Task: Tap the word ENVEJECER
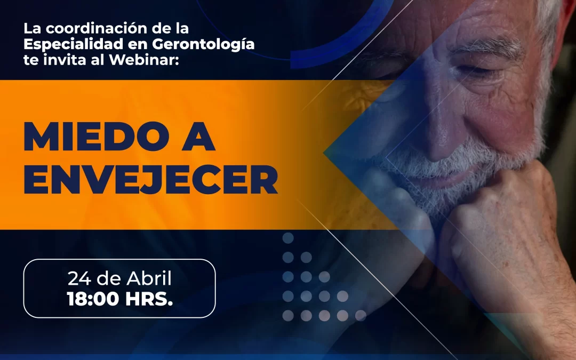point(150,180)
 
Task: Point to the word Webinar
point(143,60)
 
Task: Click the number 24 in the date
point(79,278)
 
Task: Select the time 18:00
point(93,299)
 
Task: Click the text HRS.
point(149,299)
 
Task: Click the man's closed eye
point(477,71)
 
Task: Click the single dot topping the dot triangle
point(288,238)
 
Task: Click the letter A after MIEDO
point(198,137)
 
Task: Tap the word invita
point(66,60)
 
